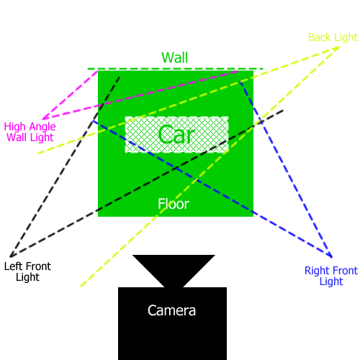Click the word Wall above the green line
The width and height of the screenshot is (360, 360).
point(174,58)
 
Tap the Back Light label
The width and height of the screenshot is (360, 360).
point(333,37)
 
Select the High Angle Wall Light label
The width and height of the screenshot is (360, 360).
point(30,132)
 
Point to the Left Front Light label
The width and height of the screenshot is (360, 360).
point(27,271)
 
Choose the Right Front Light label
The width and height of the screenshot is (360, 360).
point(331,276)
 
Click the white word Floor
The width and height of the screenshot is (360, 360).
point(174,204)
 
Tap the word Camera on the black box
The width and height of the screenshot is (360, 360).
point(171,310)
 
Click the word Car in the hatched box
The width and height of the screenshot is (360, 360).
point(176,135)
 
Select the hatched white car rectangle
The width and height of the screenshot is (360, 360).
point(176,135)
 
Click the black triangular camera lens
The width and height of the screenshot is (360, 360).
point(174,269)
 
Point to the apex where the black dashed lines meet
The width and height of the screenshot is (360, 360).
point(10,257)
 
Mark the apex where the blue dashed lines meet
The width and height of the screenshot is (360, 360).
point(332,257)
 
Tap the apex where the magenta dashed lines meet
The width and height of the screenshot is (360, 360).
point(42,119)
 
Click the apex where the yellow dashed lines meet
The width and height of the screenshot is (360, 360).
point(339,47)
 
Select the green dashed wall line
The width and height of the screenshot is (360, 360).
point(176,69)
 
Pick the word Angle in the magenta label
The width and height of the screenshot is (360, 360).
point(42,127)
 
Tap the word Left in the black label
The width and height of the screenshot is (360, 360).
point(13,266)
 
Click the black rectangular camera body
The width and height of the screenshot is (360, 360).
point(172,323)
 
